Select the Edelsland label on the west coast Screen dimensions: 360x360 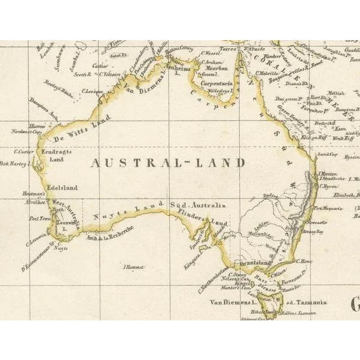coord(62,188)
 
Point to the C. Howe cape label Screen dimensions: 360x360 coord(301,261)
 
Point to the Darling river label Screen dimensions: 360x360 coord(271,196)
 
